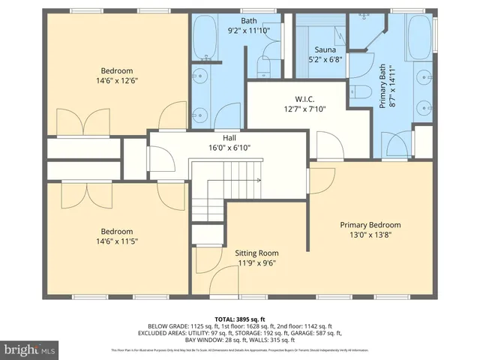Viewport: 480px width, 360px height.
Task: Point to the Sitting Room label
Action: click(257, 253)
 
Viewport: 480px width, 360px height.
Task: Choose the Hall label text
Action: click(228, 138)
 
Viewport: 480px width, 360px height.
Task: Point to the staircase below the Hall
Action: click(208, 196)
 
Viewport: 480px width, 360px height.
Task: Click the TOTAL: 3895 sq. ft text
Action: click(239, 319)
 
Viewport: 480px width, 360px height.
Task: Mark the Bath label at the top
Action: click(249, 21)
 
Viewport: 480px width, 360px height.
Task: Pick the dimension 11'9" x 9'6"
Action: click(257, 263)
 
